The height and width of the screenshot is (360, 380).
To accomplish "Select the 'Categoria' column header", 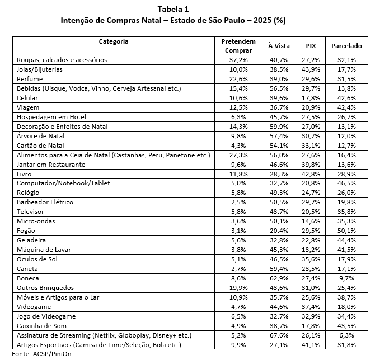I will click(x=114, y=41).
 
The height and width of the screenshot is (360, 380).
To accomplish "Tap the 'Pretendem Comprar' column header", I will click(x=238, y=46).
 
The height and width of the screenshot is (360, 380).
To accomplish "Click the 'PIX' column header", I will click(x=311, y=46).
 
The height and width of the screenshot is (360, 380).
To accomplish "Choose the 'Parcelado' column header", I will click(x=346, y=46).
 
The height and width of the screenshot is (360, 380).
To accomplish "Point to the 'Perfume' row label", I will click(x=28, y=79).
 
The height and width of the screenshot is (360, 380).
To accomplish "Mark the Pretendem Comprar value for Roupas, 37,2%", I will click(x=238, y=60).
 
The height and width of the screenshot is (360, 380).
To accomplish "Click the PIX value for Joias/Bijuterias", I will click(x=311, y=69).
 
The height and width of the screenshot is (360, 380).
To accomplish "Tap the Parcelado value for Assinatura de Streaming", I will click(x=346, y=335).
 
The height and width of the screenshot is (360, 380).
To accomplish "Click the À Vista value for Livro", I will click(x=278, y=174).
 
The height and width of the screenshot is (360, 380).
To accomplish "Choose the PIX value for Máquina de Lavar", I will click(x=311, y=249).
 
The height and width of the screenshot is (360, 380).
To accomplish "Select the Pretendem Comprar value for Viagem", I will click(x=238, y=107).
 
